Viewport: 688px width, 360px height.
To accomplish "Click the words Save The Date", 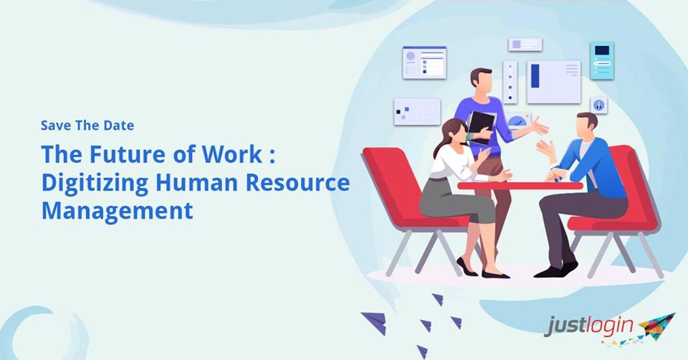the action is (87, 125).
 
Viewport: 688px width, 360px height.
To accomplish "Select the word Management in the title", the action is (117, 210).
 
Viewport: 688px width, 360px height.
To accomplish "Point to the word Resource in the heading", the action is (297, 182).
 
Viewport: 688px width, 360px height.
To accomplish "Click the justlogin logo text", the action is (589, 326).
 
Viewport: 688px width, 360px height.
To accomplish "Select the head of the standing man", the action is (482, 80).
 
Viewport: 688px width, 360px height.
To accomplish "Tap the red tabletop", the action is (520, 186).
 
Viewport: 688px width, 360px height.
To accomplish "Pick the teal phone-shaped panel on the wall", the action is (601, 60).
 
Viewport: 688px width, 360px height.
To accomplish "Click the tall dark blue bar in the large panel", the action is (535, 76).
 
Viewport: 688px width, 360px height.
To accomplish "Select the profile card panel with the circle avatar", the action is (424, 63).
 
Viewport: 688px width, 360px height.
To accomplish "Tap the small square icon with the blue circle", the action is (598, 105).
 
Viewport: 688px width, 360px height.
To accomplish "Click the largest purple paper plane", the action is (375, 322).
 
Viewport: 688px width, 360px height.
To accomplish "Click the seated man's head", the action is (586, 125).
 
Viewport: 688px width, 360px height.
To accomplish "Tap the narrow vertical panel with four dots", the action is (510, 82).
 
